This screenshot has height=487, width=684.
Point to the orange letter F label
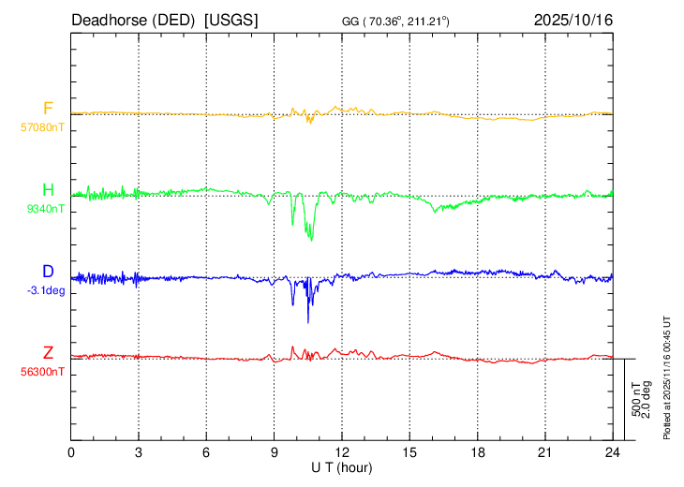click(x=48, y=108)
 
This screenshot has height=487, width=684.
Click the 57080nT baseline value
click(x=43, y=125)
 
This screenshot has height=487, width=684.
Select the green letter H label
click(x=48, y=191)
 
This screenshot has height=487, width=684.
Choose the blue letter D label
click(x=48, y=272)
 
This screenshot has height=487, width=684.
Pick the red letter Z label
click(x=48, y=353)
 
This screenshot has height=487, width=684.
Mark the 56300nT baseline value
click(x=43, y=371)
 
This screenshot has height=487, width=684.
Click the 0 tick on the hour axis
click(x=72, y=452)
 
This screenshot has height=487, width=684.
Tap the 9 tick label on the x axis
click(x=275, y=452)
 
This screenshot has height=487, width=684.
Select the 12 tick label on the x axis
click(x=342, y=452)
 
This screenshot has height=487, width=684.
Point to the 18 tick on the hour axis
click(x=477, y=452)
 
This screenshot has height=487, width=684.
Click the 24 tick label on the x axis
click(x=612, y=452)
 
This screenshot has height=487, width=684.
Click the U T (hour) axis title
click(x=342, y=466)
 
